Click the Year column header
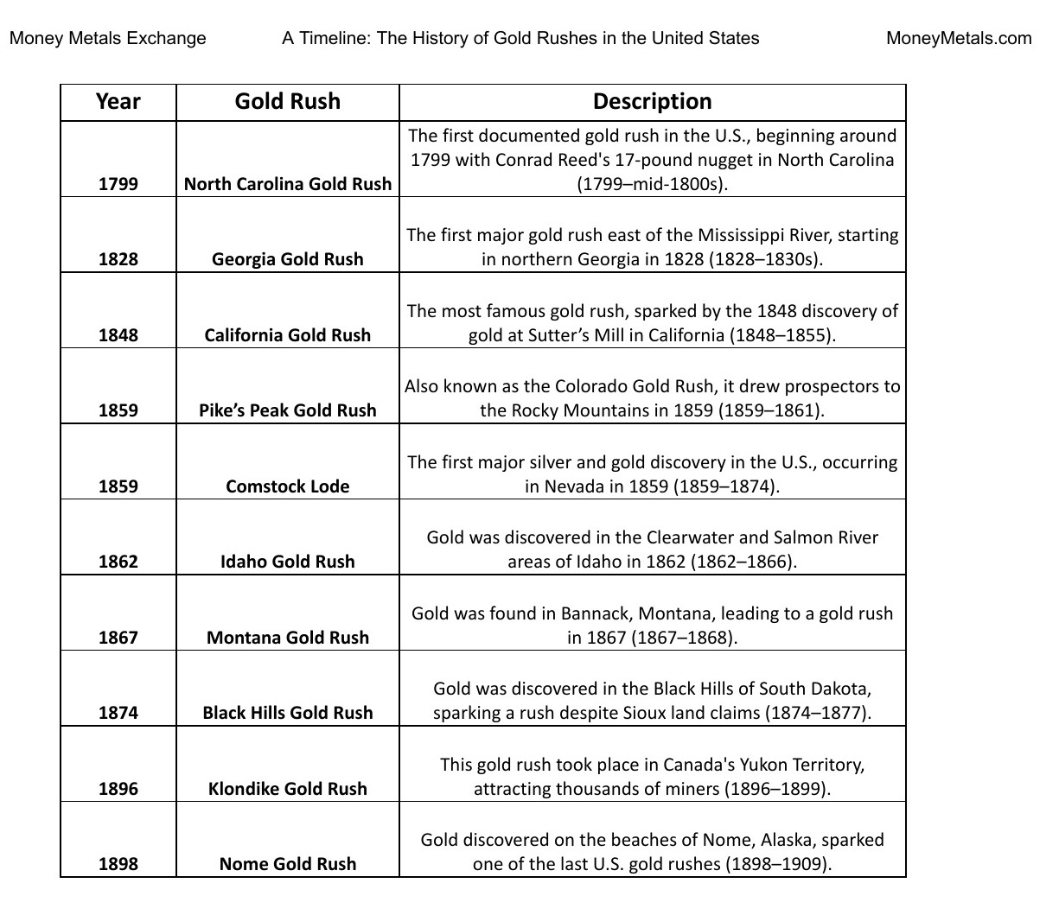(118, 102)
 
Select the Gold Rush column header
(288, 102)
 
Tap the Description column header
(652, 102)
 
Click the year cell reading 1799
(118, 183)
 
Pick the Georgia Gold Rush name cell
(288, 259)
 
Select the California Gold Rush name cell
(288, 335)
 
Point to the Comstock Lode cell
(288, 486)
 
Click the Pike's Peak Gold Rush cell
(288, 410)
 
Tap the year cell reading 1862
(118, 562)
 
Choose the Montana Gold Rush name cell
(288, 638)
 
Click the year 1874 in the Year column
(118, 713)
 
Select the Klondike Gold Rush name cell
(288, 789)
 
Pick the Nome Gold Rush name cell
(288, 864)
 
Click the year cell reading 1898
(118, 864)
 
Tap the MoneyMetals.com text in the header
(959, 38)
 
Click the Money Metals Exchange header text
(108, 38)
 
